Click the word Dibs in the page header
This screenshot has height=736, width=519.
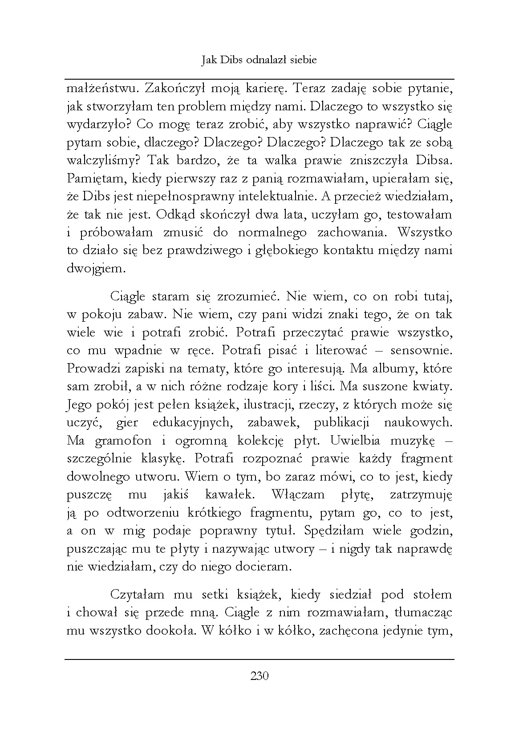click(x=231, y=60)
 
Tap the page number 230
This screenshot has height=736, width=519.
click(x=259, y=676)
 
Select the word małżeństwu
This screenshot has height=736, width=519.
click(x=98, y=89)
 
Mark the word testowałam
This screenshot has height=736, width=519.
click(x=419, y=214)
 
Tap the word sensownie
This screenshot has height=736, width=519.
click(x=421, y=350)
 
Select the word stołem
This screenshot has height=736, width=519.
click(x=430, y=594)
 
